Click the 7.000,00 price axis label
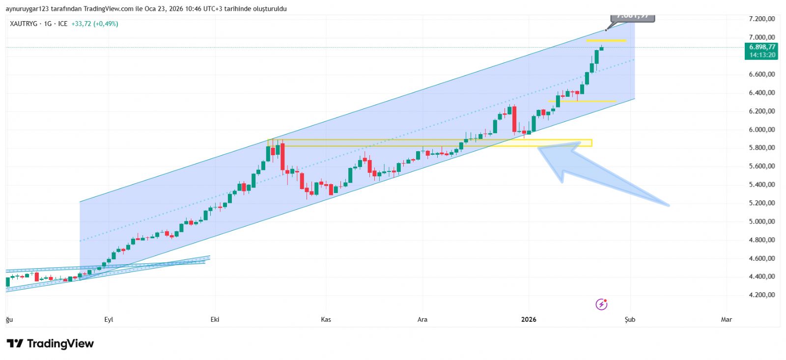click(761, 37)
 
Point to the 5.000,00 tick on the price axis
click(761, 222)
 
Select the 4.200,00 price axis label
click(761, 295)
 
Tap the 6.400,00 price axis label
click(761, 93)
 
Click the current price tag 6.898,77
click(762, 47)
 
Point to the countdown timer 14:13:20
click(762, 55)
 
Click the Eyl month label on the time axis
click(109, 320)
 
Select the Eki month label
click(215, 320)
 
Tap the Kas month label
click(326, 320)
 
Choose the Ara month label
click(422, 320)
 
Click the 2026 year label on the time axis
click(529, 320)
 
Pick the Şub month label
click(630, 320)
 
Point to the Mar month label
click(726, 320)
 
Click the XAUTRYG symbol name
click(24, 24)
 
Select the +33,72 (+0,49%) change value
click(95, 24)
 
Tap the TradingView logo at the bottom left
click(50, 344)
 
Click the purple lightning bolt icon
click(601, 305)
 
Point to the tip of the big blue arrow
click(540, 148)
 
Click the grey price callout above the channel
click(633, 17)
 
